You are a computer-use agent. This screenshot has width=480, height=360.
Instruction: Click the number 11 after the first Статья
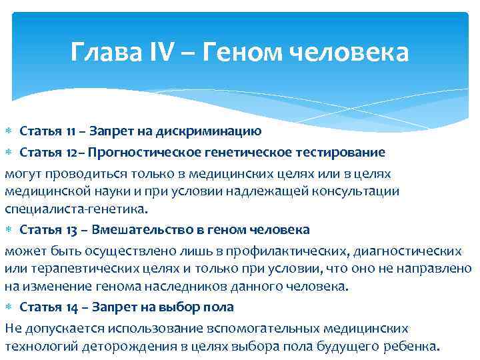click(72, 129)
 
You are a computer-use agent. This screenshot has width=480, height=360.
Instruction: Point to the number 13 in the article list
click(72, 230)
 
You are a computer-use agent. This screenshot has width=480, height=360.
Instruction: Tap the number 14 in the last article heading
click(72, 307)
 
